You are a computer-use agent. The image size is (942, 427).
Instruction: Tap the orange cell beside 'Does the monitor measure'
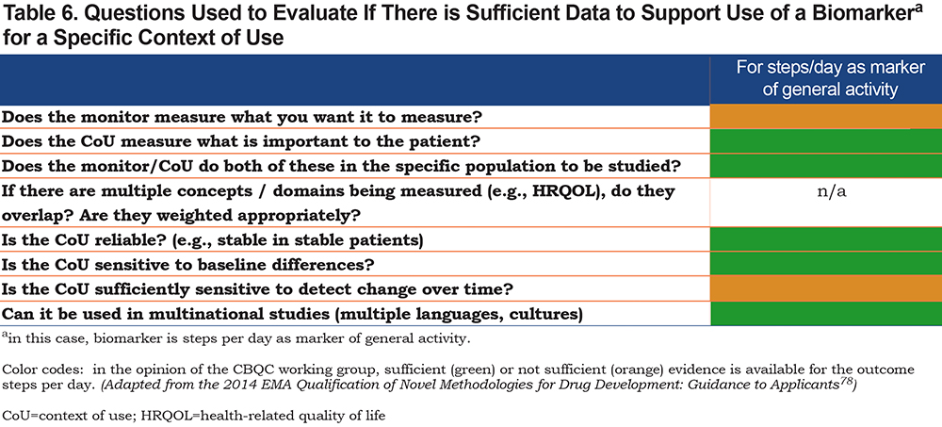coord(826,117)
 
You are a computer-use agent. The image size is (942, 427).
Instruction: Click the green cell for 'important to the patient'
coord(826,142)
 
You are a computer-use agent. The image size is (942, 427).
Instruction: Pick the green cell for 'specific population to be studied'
coord(826,166)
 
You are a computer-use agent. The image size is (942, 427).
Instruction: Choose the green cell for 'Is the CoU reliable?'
coord(826,240)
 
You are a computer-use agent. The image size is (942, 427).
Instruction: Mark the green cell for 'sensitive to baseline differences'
coord(826,265)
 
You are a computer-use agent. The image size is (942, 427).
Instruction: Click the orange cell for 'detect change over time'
coord(826,289)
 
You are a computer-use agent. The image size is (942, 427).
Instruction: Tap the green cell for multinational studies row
coord(826,314)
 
